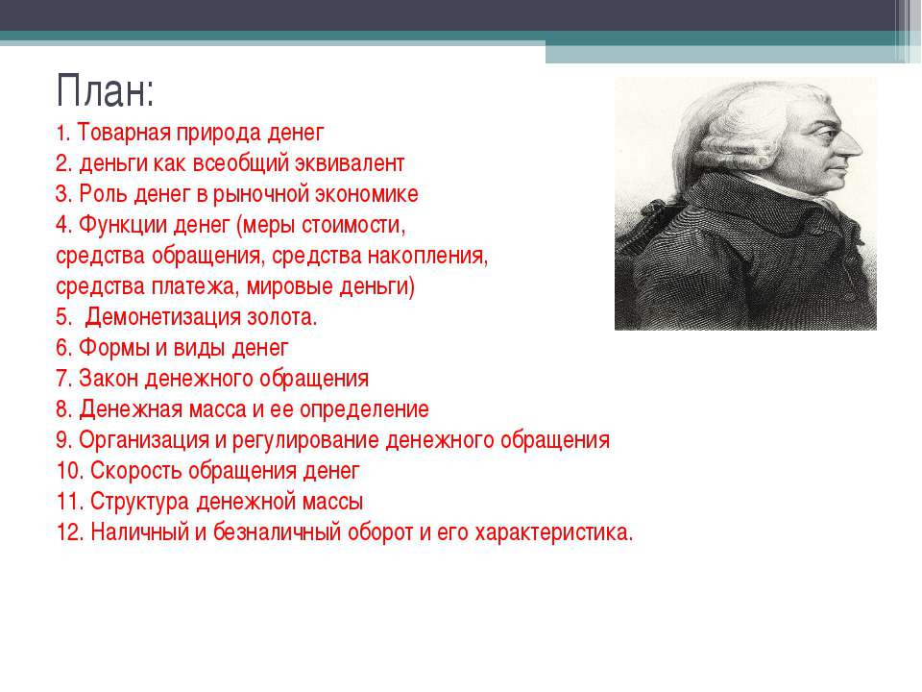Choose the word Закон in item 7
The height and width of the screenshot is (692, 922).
tap(109, 379)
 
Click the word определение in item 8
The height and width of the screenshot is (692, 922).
tap(364, 409)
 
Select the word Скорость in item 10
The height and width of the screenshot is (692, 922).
tap(136, 471)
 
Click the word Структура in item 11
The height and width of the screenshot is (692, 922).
tap(139, 502)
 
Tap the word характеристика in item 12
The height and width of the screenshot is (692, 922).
tap(554, 532)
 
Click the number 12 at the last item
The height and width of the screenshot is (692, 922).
tap(70, 531)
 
